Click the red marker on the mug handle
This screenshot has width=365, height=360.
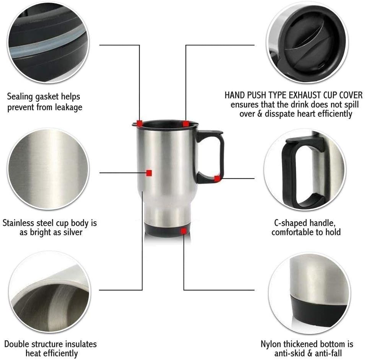217,178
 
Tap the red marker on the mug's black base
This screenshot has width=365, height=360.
184,231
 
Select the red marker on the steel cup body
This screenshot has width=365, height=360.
149,173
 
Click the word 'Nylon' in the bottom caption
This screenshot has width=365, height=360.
271,344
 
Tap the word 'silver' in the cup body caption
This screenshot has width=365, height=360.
71,232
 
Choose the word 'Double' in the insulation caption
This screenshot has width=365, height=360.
18,344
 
